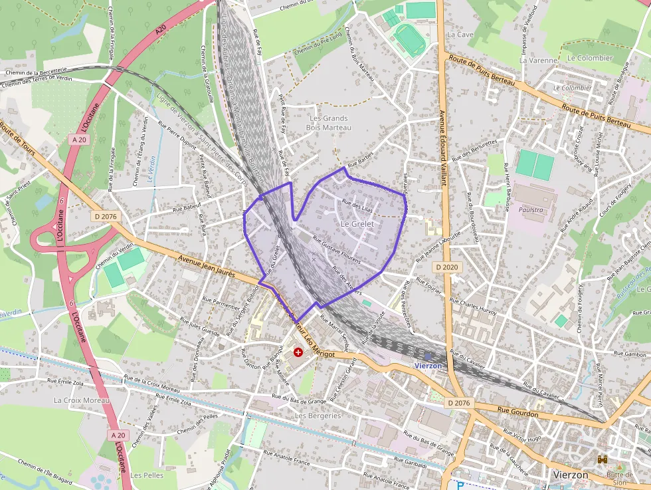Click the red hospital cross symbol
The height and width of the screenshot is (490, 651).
298,352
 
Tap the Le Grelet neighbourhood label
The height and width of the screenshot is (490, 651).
357,224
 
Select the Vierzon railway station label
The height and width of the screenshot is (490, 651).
428,366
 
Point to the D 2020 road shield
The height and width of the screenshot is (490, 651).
448,267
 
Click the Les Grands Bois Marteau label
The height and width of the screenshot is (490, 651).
329,122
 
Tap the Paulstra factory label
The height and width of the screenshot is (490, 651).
530,209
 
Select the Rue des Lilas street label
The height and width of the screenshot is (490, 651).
357,207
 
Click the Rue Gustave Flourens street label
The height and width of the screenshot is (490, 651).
336,250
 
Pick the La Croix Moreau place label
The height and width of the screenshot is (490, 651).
82,400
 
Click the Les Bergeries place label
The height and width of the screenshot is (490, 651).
318,416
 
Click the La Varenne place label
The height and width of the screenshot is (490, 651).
538,60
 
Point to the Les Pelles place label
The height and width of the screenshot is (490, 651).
146,475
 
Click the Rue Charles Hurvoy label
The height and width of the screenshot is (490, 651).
473,307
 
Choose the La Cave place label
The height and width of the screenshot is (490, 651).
460,34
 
